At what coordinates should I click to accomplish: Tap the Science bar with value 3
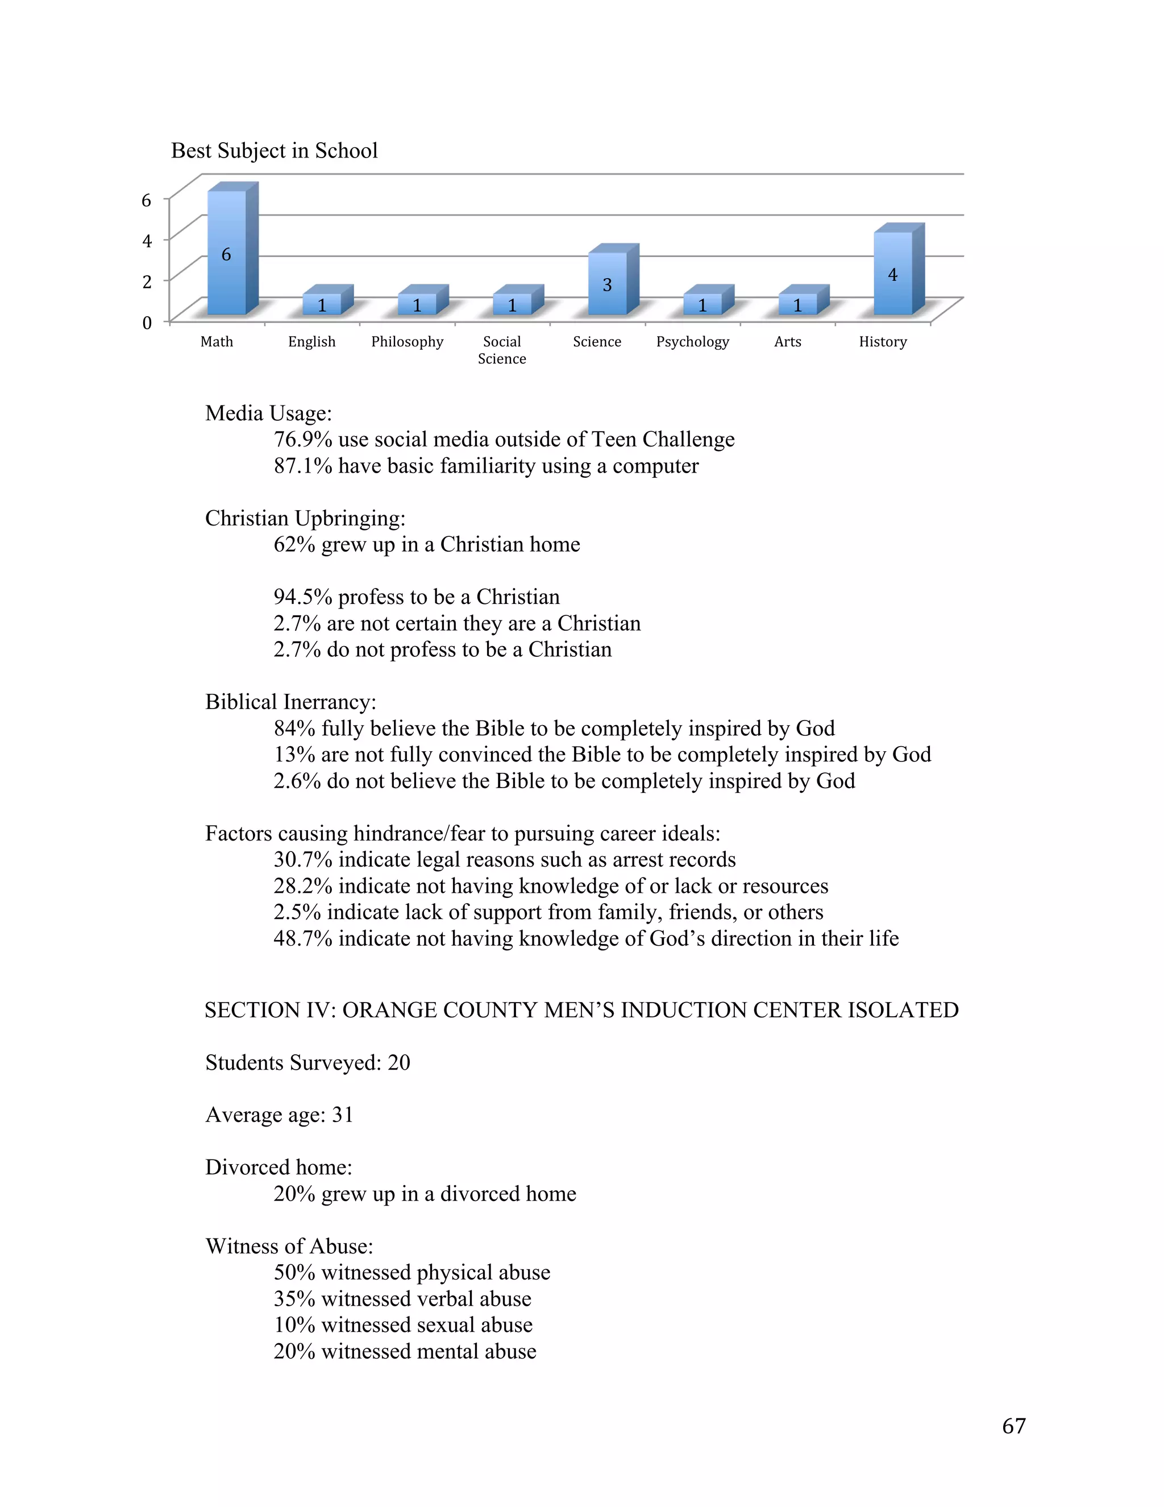(x=608, y=284)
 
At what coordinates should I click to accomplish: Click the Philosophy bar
(x=417, y=304)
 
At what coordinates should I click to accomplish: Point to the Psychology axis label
(x=692, y=342)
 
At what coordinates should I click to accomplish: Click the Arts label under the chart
(x=788, y=342)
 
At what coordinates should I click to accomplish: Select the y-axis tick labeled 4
(x=146, y=241)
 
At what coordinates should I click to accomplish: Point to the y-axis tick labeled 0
(x=146, y=323)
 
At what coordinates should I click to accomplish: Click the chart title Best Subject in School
(x=274, y=151)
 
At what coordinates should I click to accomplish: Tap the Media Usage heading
(x=268, y=413)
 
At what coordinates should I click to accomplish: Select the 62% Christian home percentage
(x=294, y=544)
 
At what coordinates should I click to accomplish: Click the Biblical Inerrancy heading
(x=290, y=702)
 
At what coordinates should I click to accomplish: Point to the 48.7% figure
(x=302, y=938)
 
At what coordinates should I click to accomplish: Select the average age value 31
(x=343, y=1115)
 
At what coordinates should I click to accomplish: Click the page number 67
(x=1014, y=1426)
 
